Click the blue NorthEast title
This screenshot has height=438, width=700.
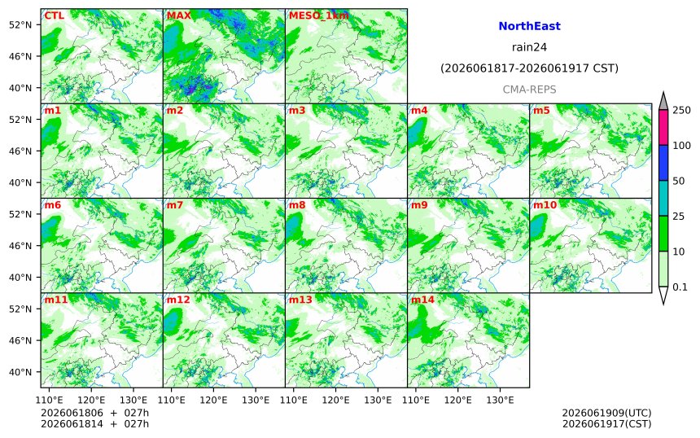click(x=529, y=26)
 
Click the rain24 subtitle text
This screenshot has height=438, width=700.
click(x=529, y=47)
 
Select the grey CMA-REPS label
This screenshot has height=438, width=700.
click(x=529, y=90)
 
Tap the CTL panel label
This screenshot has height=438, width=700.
click(x=54, y=15)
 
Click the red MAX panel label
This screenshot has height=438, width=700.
click(x=178, y=15)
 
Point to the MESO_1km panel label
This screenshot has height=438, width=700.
click(x=319, y=15)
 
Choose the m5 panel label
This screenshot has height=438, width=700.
click(x=541, y=110)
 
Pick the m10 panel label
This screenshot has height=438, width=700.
click(x=545, y=205)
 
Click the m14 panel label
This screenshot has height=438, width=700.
click(x=422, y=300)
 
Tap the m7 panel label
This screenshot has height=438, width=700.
click(x=175, y=205)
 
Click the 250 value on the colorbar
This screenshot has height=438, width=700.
click(x=681, y=110)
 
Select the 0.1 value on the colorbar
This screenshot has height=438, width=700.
click(x=680, y=287)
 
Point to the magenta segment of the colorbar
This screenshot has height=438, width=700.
click(x=663, y=127)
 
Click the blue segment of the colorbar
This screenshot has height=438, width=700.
click(x=663, y=163)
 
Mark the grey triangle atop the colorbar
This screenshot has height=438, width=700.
click(x=663, y=101)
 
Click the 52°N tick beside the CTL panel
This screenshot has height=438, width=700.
click(x=20, y=25)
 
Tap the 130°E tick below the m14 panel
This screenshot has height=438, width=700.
click(x=500, y=400)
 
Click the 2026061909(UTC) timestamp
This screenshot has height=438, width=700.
click(x=606, y=413)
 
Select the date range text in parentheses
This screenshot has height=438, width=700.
click(x=529, y=68)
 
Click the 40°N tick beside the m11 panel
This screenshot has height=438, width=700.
click(x=20, y=372)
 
